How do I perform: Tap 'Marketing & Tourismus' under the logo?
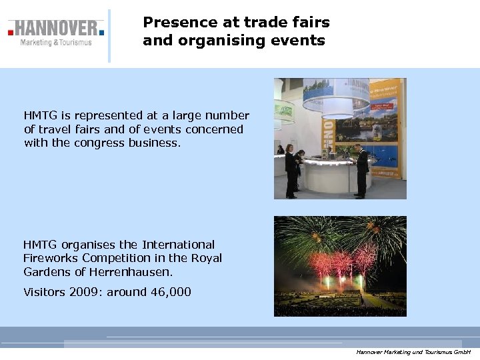click(56, 43)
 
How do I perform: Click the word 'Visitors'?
click(45, 291)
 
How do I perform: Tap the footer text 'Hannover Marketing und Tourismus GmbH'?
click(413, 351)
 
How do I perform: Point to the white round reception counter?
click(327, 175)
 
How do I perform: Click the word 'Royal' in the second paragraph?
click(205, 258)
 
